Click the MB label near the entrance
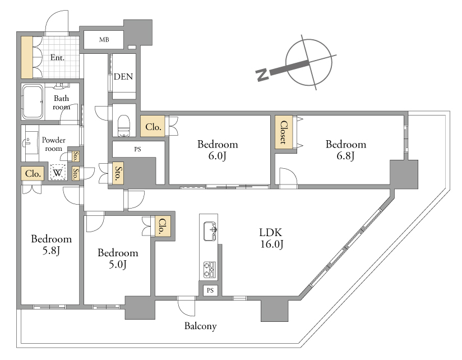[104, 39]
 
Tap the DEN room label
[123, 77]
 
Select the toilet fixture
[124, 126]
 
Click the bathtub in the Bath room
[33, 101]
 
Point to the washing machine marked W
[57, 172]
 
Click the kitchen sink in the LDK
[210, 231]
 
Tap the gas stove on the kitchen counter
[210, 270]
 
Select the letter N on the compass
[262, 75]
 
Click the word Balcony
[200, 326]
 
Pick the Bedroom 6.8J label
[346, 150]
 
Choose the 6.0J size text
[218, 155]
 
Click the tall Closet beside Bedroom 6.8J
[284, 132]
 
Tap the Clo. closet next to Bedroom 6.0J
[153, 126]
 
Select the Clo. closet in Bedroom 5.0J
[163, 226]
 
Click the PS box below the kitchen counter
[210, 290]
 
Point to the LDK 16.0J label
[271, 238]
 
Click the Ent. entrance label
[57, 57]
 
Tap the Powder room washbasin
[31, 142]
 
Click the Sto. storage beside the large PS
[118, 173]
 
